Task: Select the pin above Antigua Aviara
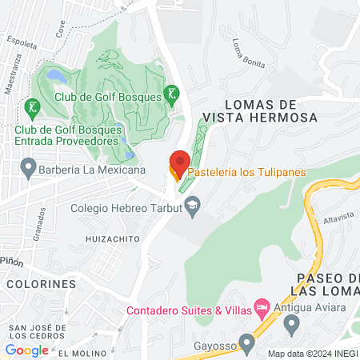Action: pyautogui.click(x=291, y=325)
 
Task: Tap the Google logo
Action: pyautogui.click(x=27, y=350)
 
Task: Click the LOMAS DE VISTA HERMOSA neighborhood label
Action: pyautogui.click(x=260, y=110)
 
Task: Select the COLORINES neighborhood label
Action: pyautogui.click(x=42, y=284)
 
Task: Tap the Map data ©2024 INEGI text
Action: pyautogui.click(x=313, y=353)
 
